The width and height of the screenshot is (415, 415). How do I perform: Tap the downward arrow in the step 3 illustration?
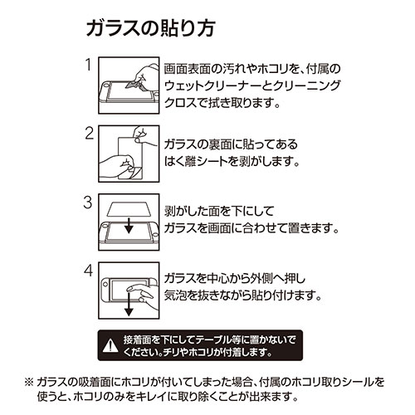pyautogui.click(x=127, y=227)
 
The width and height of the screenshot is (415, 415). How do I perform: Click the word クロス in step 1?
pyautogui.click(x=181, y=106)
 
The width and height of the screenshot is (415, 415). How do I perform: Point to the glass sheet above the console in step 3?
pyautogui.click(x=127, y=207)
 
